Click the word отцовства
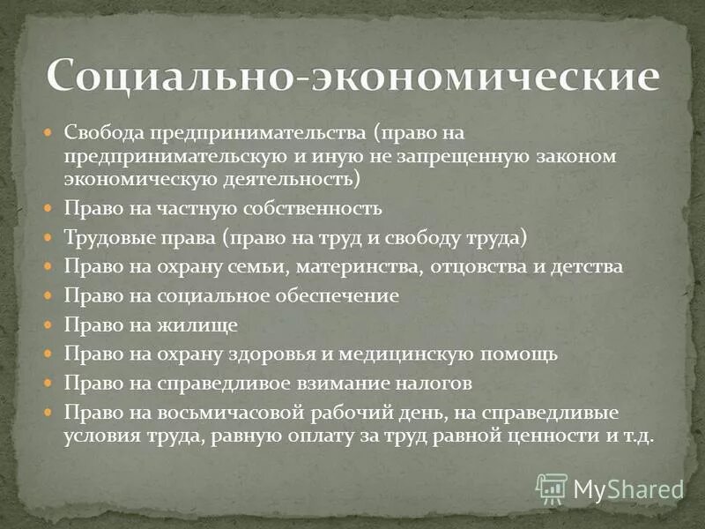[x=474, y=267]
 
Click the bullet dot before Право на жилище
[x=50, y=325]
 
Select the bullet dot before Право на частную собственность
[x=50, y=209]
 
